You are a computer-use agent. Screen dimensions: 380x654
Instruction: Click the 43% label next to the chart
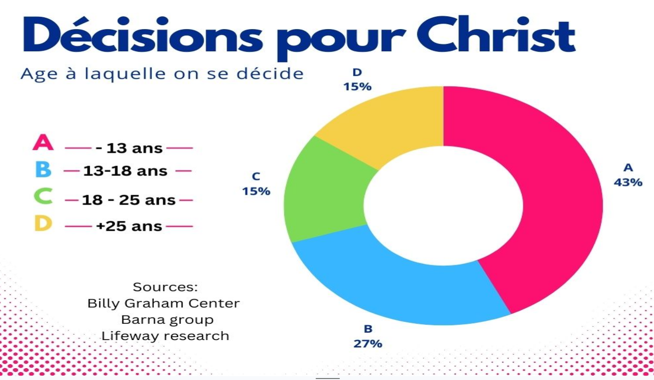(x=628, y=182)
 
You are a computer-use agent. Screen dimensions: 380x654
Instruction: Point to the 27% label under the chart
(x=368, y=343)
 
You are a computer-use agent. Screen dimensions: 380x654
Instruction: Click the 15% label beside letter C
(x=256, y=191)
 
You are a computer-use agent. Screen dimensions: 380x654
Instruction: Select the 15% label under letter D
(x=358, y=87)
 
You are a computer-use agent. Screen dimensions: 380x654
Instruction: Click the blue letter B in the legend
(x=43, y=171)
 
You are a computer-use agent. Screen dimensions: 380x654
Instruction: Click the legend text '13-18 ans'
(x=125, y=171)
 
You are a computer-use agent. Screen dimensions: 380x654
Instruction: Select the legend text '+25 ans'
(x=129, y=226)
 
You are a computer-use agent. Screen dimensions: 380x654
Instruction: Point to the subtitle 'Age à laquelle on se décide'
(x=162, y=74)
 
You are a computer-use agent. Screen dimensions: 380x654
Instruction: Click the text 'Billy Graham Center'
(x=163, y=303)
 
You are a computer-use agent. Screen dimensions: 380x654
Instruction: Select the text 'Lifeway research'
(x=165, y=336)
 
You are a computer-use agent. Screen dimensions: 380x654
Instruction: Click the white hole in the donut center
(x=443, y=205)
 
